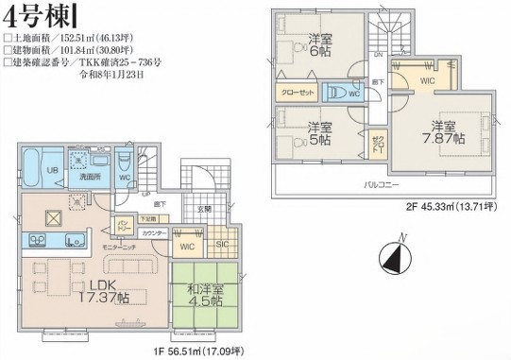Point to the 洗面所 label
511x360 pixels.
[91, 176]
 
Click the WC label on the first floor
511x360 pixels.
[125, 176]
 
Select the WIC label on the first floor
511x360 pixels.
[187, 247]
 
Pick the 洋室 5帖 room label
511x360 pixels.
[318, 131]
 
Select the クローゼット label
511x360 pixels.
[296, 94]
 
